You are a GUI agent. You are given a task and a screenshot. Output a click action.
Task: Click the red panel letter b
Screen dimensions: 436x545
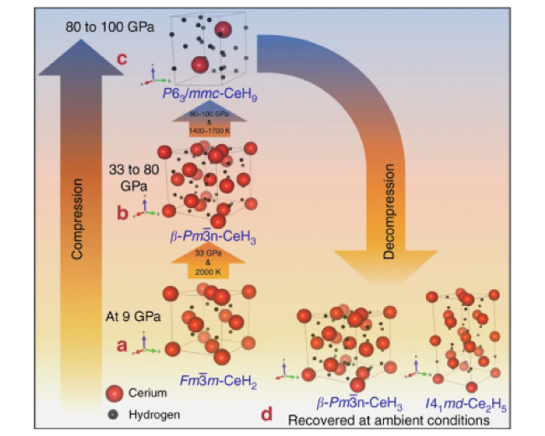[x=122, y=214]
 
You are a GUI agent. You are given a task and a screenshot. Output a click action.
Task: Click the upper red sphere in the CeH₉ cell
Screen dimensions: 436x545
[x=223, y=30]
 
